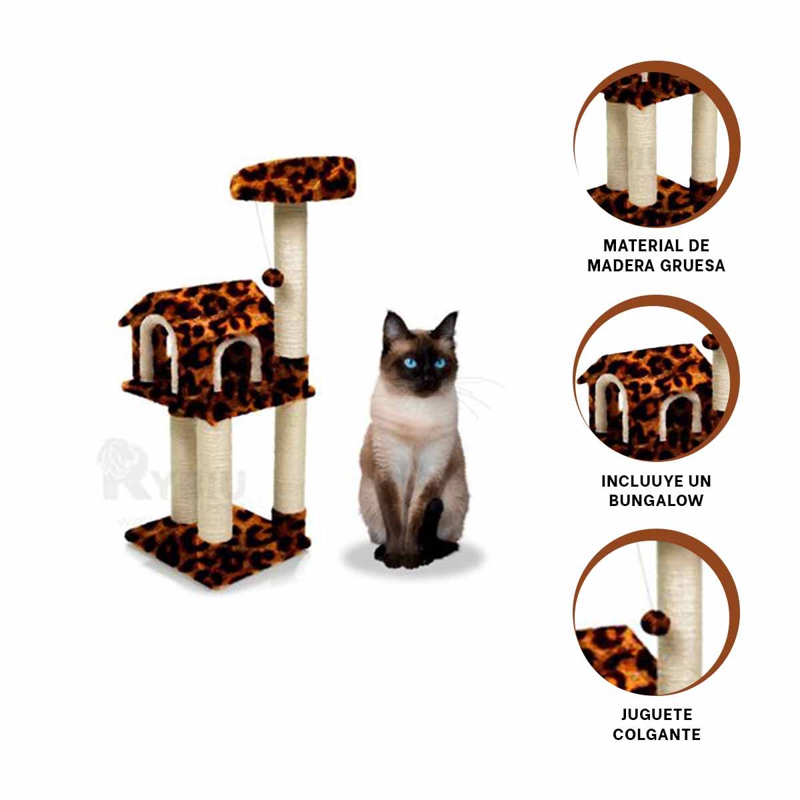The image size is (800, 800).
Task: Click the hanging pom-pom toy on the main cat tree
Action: click(273, 276)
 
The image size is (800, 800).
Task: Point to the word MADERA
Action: click(617, 265)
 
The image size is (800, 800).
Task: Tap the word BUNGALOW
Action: click(656, 501)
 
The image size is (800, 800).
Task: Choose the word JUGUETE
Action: click(656, 715)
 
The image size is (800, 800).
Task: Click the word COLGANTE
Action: click(656, 735)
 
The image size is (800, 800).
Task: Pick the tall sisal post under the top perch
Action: click(291, 280)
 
